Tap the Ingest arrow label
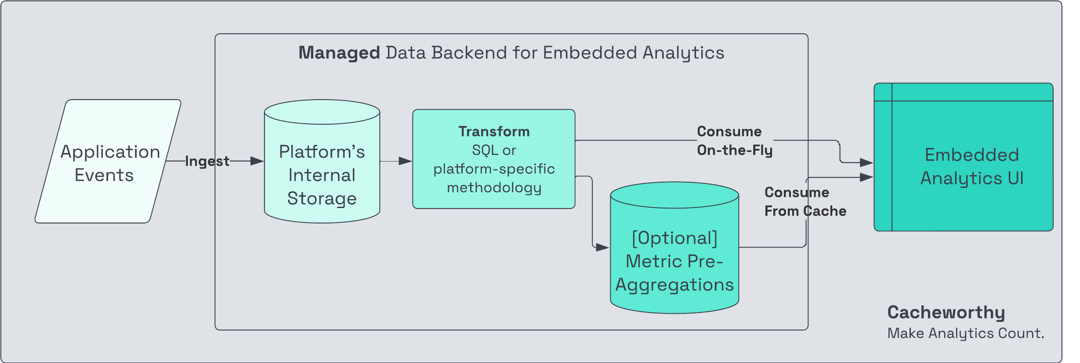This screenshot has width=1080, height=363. pyautogui.click(x=207, y=161)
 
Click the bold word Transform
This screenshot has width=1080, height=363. pyautogui.click(x=494, y=132)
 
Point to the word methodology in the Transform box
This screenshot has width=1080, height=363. pyautogui.click(x=494, y=188)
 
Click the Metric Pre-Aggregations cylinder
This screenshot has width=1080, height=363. pyautogui.click(x=674, y=263)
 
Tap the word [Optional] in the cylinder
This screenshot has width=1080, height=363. pyautogui.click(x=674, y=238)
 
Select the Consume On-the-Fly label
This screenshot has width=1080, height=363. pyautogui.click(x=735, y=140)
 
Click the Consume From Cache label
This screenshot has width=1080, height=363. pyautogui.click(x=805, y=201)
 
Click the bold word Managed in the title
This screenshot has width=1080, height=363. pyautogui.click(x=339, y=53)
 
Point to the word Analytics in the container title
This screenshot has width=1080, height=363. pyautogui.click(x=683, y=53)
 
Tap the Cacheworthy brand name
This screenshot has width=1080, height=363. pyautogui.click(x=946, y=312)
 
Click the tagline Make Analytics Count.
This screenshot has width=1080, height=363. pyautogui.click(x=965, y=333)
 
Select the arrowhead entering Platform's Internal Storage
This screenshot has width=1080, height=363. pyautogui.click(x=257, y=161)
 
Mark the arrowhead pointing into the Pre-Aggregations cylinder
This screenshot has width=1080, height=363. pyautogui.click(x=602, y=248)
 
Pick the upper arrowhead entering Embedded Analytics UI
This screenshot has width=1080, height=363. pyautogui.click(x=866, y=162)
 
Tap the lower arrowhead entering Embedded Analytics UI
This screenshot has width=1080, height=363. pyautogui.click(x=866, y=177)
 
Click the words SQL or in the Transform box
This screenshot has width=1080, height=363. pyautogui.click(x=494, y=151)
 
